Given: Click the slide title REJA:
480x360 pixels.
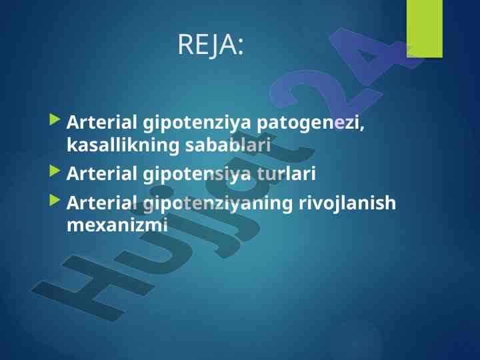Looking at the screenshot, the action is pyautogui.click(x=211, y=45).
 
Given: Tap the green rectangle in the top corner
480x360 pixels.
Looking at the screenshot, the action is pyautogui.click(x=425, y=29).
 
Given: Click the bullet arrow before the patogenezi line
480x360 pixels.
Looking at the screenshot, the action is pyautogui.click(x=55, y=119).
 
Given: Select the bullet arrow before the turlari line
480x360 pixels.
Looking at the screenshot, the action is pyautogui.click(x=55, y=171).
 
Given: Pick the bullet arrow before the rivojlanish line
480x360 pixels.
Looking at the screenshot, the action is pyautogui.click(x=55, y=200).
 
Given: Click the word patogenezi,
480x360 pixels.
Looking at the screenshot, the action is pyautogui.click(x=311, y=123).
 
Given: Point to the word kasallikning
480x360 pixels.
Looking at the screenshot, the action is pyautogui.click(x=123, y=145).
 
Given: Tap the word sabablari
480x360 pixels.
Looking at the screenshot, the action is pyautogui.click(x=228, y=145).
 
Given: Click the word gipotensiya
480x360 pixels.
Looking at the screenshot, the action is pyautogui.click(x=197, y=174).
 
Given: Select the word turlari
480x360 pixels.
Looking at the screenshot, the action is pyautogui.click(x=286, y=173).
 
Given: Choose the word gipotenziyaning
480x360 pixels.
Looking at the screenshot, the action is pyautogui.click(x=217, y=203).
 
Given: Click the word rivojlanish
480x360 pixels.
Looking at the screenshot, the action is pyautogui.click(x=347, y=203).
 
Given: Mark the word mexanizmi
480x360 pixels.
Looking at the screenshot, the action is pyautogui.click(x=117, y=225).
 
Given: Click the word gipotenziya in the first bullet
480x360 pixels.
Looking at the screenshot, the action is pyautogui.click(x=197, y=123).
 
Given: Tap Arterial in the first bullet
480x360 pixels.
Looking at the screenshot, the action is pyautogui.click(x=101, y=122).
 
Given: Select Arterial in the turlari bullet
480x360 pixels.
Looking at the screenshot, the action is pyautogui.click(x=101, y=173).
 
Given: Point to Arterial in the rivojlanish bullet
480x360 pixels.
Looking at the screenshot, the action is pyautogui.click(x=101, y=203).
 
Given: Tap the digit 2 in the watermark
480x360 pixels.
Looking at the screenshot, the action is pyautogui.click(x=325, y=92).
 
